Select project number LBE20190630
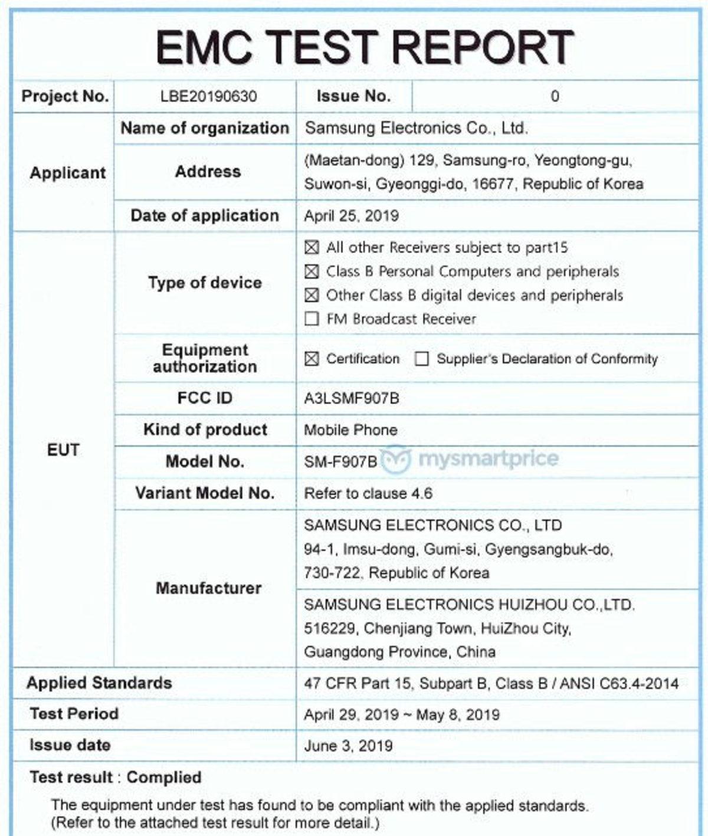point(208,96)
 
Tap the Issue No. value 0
point(554,96)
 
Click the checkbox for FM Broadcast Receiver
point(312,319)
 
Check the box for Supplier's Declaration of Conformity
point(421,359)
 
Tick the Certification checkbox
point(312,359)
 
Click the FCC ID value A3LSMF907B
point(351,399)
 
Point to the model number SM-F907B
point(340,461)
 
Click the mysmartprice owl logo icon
point(396,459)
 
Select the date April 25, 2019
point(351,216)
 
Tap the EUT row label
point(63,450)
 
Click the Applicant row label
point(67,173)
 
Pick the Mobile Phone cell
point(350,430)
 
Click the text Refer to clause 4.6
point(368,493)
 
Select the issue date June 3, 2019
point(348,746)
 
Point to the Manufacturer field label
point(208,588)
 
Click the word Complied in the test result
point(164,777)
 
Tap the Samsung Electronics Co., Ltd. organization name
point(416,128)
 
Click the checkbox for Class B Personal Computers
point(312,271)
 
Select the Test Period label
point(74,714)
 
